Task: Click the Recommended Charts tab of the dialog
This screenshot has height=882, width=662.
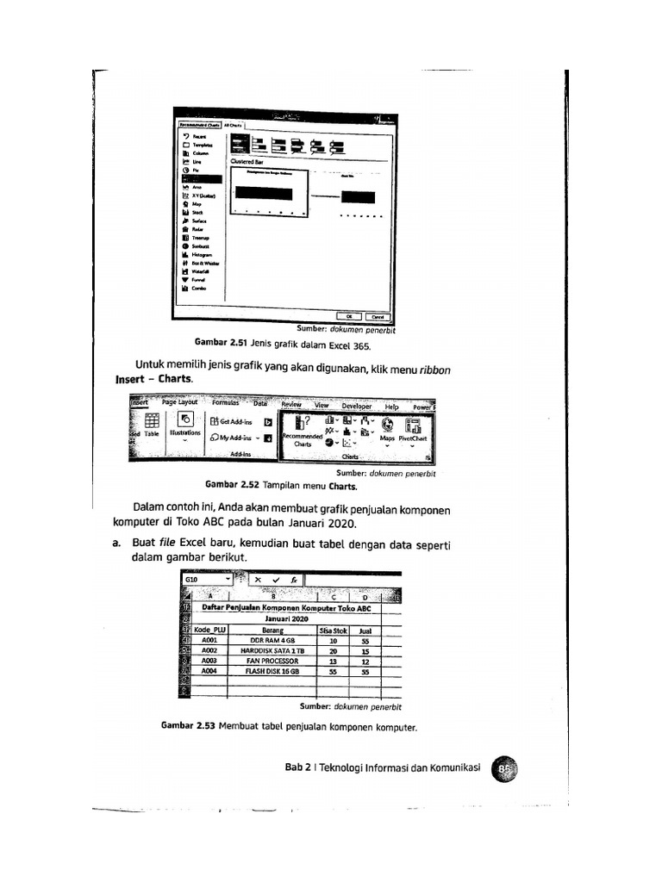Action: coord(197,125)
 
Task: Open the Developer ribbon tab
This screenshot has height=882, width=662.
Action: coord(356,406)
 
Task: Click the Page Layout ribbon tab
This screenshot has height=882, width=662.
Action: coord(180,402)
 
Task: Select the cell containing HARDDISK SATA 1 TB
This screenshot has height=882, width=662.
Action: coord(272,651)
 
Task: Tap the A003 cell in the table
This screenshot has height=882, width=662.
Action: coord(209,661)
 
